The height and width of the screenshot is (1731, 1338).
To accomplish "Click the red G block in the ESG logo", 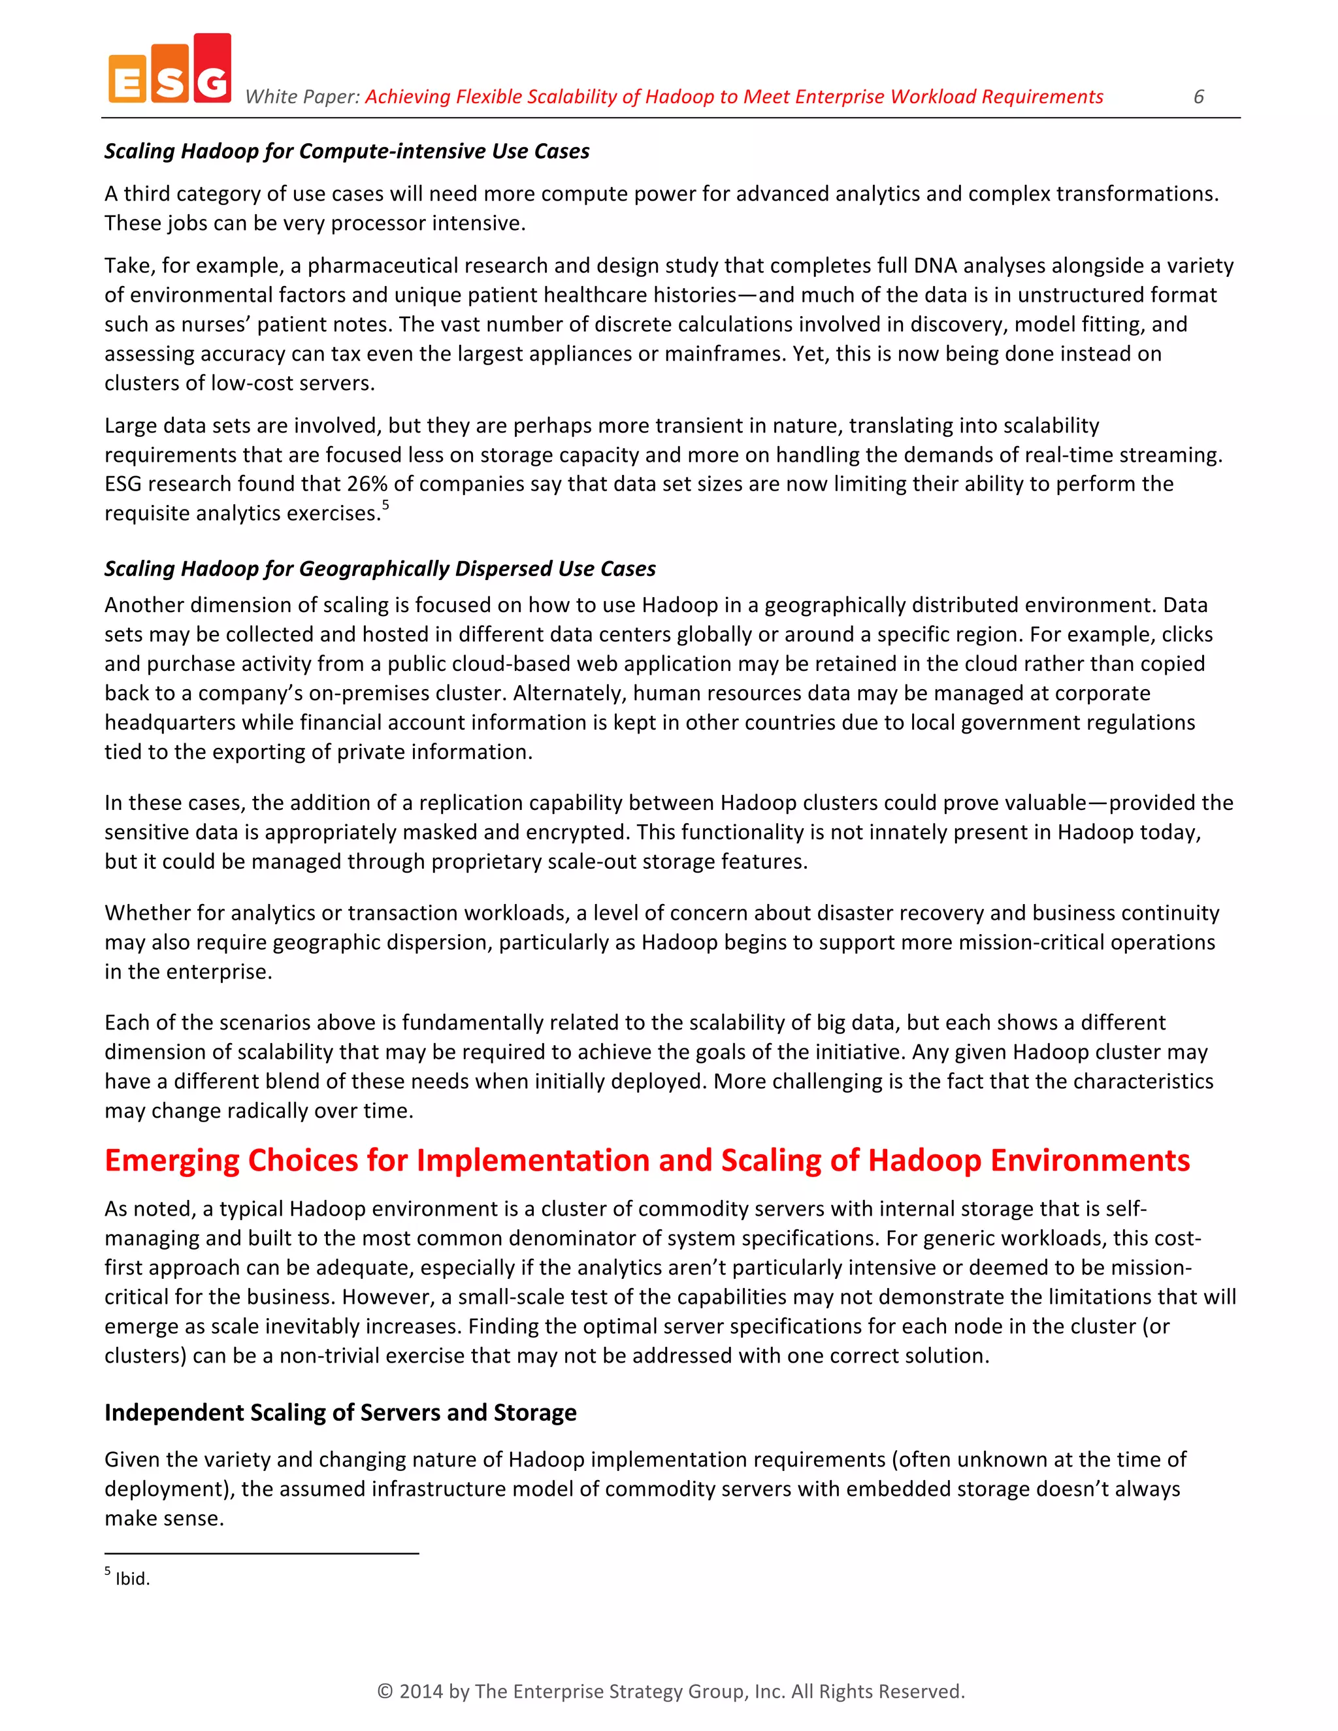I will (x=212, y=70).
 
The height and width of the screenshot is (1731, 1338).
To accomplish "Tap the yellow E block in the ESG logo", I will (x=127, y=79).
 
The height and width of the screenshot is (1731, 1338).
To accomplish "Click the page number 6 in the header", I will (x=1198, y=97).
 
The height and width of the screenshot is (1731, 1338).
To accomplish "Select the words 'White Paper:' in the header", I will (x=302, y=97).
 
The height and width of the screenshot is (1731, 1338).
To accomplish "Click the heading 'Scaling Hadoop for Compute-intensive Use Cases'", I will (x=346, y=152).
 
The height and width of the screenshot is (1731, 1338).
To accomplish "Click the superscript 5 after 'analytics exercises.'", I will (x=385, y=505).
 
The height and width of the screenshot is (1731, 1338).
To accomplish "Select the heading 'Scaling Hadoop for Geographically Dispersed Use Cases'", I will (x=380, y=569).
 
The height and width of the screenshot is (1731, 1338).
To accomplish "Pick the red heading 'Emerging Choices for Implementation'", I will (x=647, y=1160).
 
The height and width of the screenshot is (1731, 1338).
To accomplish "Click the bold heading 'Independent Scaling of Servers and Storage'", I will (x=340, y=1413).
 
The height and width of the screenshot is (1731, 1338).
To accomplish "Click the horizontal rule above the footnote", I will (x=261, y=1553).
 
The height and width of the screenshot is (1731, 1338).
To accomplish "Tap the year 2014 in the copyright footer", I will (x=421, y=1691).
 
